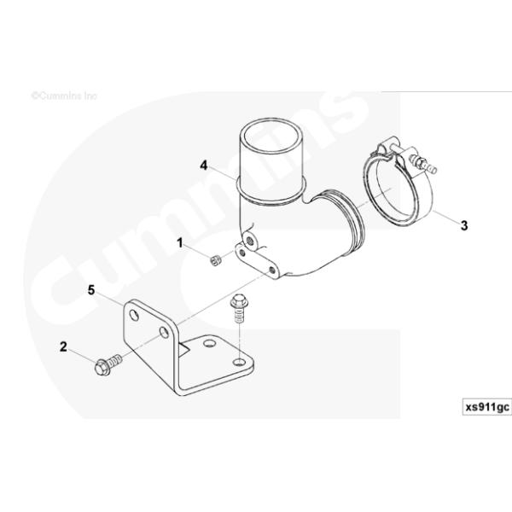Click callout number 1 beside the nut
point(180,243)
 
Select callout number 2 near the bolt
point(63,346)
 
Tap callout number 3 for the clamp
point(463,225)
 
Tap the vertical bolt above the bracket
point(238,312)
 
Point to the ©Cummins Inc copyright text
point(64,96)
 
